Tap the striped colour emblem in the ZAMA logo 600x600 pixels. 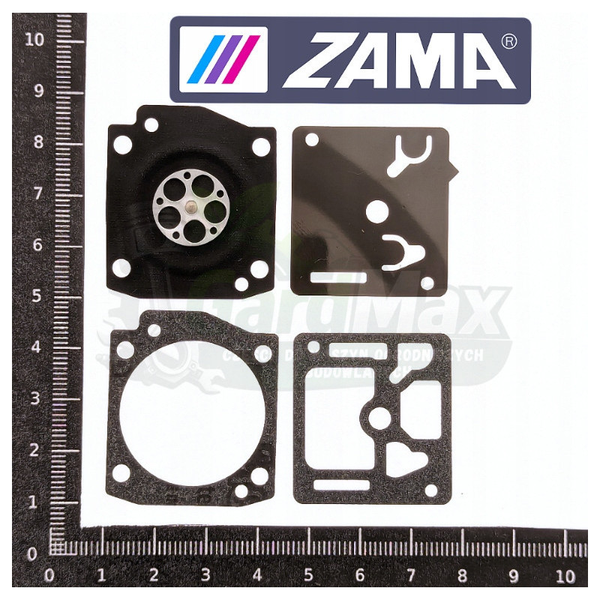pyautogui.click(x=234, y=59)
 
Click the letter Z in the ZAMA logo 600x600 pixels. pyautogui.click(x=322, y=59)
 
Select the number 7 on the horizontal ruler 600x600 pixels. pyautogui.click(x=410, y=577)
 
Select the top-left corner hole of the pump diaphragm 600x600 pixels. pyautogui.click(x=309, y=139)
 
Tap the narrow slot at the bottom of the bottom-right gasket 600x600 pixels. pyautogui.click(x=338, y=486)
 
